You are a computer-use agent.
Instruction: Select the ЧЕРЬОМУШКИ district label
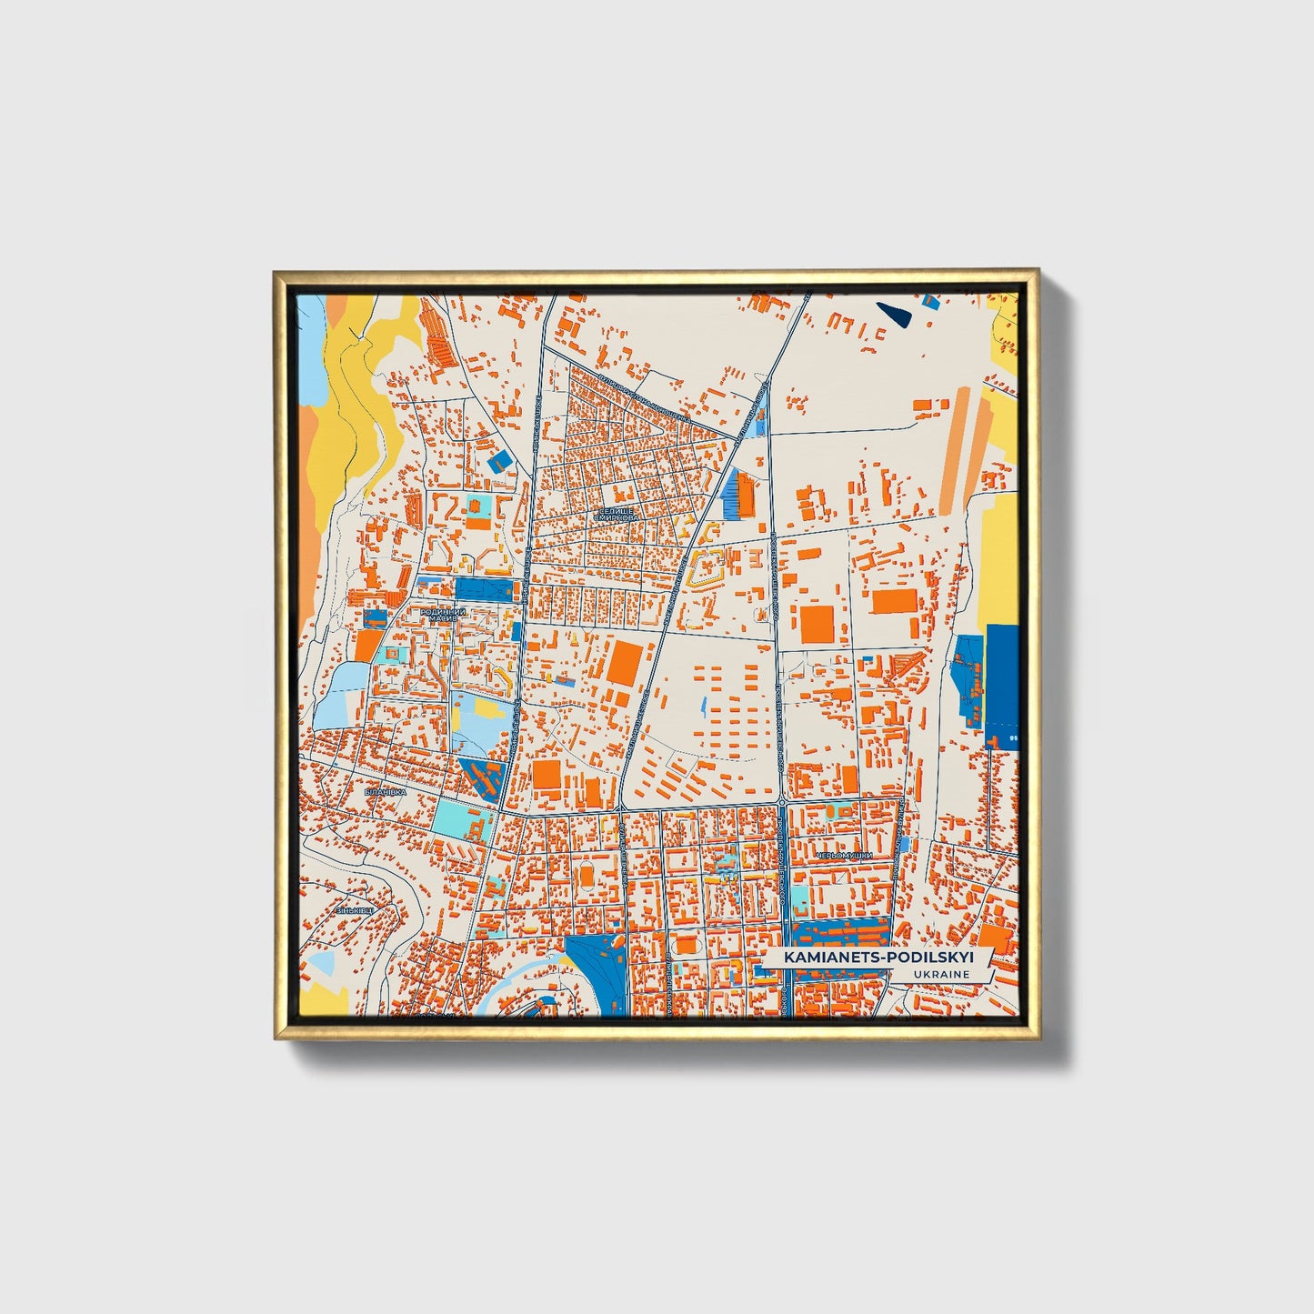(x=844, y=856)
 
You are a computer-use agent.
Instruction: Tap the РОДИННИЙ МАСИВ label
(x=443, y=616)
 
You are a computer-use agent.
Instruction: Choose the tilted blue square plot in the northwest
(x=498, y=460)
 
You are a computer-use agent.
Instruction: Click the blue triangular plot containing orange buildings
(x=483, y=778)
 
